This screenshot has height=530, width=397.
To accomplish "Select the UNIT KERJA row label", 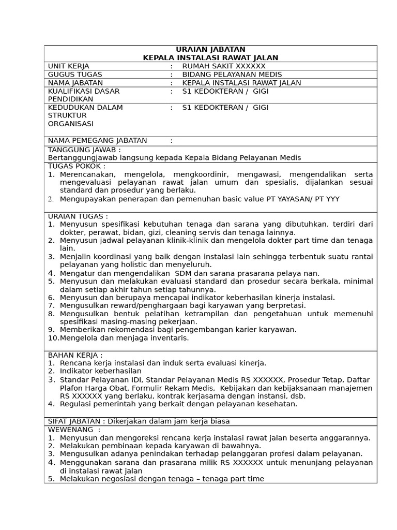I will click(69, 66).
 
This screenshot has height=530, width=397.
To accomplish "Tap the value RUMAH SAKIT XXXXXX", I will click(224, 66).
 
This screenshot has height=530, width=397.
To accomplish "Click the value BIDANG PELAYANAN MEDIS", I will click(232, 75).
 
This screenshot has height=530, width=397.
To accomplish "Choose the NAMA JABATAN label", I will click(75, 83).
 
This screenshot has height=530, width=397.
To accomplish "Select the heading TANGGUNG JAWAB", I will click(84, 150).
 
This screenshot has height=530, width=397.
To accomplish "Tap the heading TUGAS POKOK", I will click(77, 166).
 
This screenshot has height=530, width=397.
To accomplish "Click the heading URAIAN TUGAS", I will click(78, 216).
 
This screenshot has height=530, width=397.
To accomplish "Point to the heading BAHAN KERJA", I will click(75, 355).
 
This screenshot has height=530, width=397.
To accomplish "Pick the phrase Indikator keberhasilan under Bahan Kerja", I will click(101, 371).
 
